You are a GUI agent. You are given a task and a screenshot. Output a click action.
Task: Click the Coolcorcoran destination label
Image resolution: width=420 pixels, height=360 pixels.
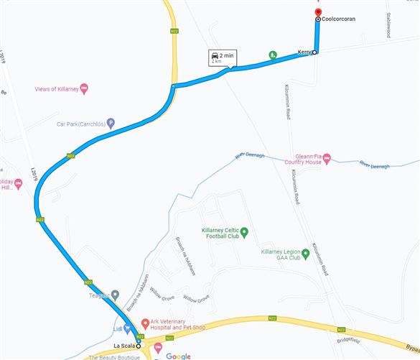coord(339,19)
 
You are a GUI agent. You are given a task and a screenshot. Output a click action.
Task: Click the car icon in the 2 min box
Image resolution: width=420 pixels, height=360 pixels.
coord(214,55)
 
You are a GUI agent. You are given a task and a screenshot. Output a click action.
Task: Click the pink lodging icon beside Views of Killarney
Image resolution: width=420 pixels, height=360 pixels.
coord(84,88)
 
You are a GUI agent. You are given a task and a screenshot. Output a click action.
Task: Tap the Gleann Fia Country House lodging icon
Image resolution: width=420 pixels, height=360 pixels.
coord(326,157)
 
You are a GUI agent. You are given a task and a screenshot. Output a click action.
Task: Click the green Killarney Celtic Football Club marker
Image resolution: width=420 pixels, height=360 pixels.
coord(243,231)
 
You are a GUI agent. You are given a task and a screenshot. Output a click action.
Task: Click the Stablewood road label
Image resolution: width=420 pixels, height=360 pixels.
coord(388,25)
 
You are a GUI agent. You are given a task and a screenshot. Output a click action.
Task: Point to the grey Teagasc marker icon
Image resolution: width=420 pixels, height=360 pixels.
coord(115,295)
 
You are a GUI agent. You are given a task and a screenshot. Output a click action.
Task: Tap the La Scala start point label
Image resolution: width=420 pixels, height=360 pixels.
coord(123,345)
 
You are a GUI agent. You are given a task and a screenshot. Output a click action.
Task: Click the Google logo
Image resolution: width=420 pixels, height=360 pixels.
coord(178,356)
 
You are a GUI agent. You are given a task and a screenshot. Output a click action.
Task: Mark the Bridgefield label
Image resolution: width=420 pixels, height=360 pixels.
coord(348,338)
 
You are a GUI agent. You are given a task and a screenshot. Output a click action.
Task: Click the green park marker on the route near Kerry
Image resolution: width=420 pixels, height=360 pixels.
coord(273,55)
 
